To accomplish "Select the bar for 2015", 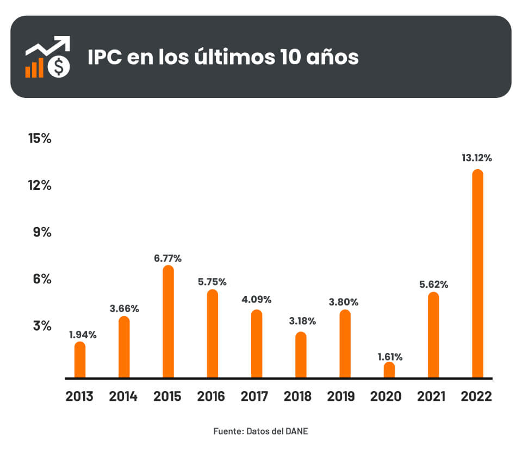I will click(x=168, y=321).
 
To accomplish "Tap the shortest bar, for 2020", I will click(x=389, y=370).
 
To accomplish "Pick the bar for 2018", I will click(x=301, y=355).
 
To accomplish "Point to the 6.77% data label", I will click(x=168, y=257).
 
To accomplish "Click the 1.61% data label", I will click(x=389, y=357).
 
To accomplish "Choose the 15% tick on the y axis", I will click(x=40, y=139).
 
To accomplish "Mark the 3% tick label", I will click(x=42, y=326).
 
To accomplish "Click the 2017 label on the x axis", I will click(x=254, y=397).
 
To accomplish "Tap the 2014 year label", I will click(x=123, y=397).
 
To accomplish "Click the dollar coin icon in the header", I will click(x=58, y=67).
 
